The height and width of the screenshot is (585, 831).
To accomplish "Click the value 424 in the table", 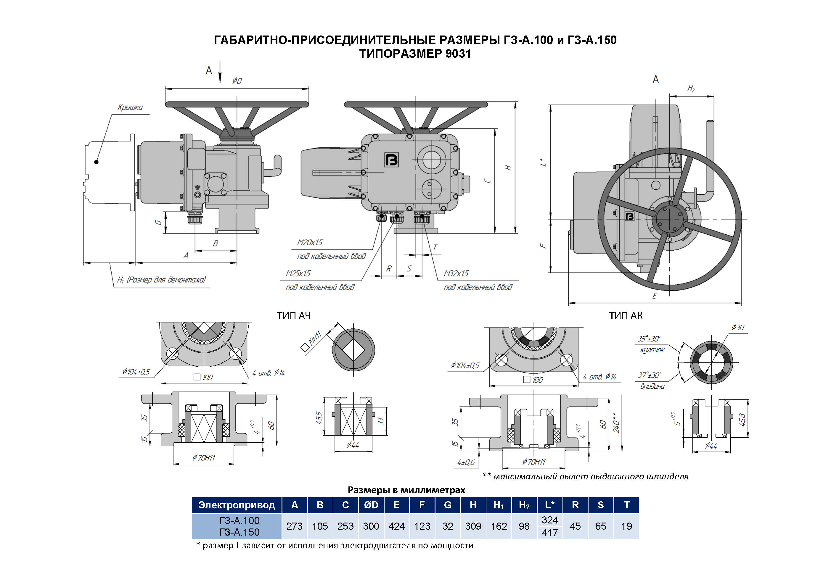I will [396, 526].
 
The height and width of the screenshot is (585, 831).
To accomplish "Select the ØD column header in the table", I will [371, 505].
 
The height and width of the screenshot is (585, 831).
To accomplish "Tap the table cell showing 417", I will [549, 533].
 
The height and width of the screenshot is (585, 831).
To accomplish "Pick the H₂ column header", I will [524, 505].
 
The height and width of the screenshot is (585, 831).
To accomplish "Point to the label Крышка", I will [130, 107].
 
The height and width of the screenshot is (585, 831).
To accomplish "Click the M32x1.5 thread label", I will [456, 273].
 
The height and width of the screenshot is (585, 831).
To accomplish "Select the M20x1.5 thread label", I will [310, 242].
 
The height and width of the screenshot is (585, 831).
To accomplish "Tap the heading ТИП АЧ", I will [293, 316].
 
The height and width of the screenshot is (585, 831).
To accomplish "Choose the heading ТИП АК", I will [626, 316].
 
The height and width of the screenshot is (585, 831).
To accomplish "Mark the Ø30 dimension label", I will [738, 327].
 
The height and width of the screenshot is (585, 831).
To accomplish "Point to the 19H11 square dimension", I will [314, 339].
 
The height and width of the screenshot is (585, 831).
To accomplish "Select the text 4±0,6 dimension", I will [466, 462].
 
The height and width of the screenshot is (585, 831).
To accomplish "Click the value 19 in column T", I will [626, 526].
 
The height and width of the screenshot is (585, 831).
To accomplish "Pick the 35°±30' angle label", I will [649, 339].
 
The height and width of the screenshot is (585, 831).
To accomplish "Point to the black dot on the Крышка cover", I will [96, 162].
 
